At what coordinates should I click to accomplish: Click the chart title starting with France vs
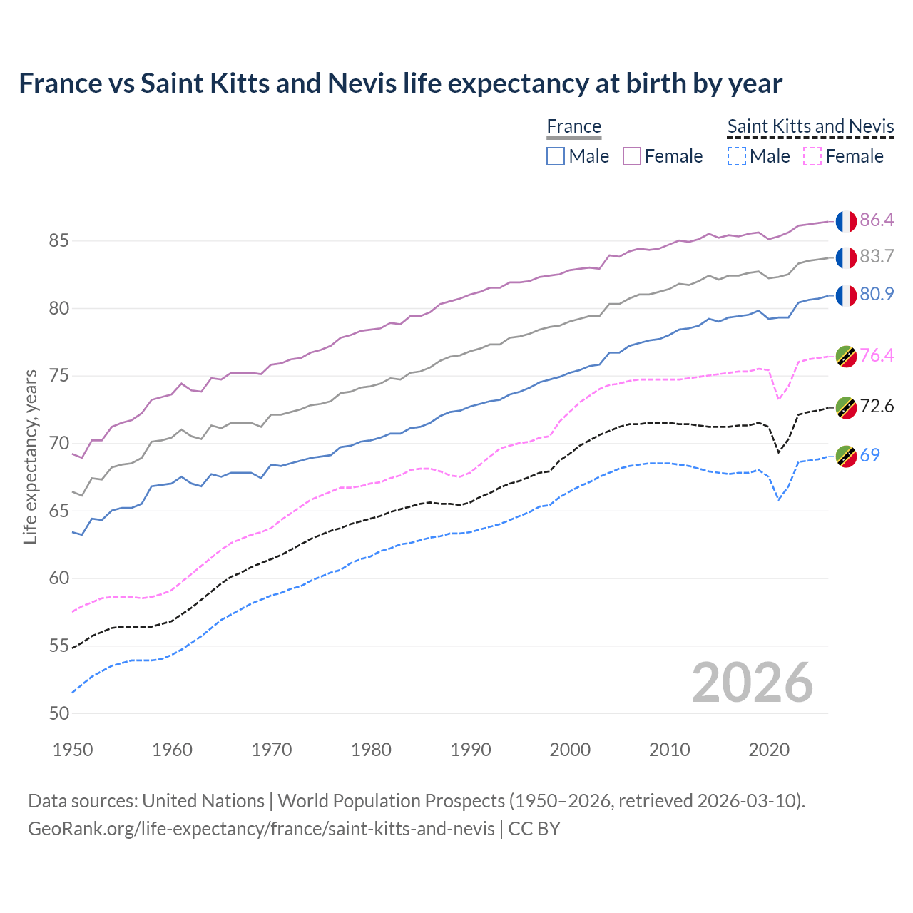point(400,83)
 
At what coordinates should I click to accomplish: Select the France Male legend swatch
point(556,156)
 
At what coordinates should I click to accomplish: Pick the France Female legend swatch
point(632,156)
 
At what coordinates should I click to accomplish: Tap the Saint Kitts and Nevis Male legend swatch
point(737,156)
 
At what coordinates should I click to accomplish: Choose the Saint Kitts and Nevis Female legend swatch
point(813,156)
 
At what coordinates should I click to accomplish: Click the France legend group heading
point(574,127)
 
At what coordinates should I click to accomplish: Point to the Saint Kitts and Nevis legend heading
point(810,127)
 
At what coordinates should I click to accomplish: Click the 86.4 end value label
point(877,220)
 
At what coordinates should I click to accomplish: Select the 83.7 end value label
point(877,257)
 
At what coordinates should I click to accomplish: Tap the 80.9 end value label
point(877,294)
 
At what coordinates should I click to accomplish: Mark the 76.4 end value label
point(877,355)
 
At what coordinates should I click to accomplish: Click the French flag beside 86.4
point(846,221)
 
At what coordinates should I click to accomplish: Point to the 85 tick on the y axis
point(58,241)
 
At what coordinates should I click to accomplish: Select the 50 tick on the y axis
point(58,713)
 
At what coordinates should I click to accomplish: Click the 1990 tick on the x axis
point(471,750)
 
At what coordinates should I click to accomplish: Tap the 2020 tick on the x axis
point(769,750)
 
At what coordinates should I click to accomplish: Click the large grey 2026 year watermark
point(752,683)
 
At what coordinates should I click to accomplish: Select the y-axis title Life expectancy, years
point(30,456)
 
